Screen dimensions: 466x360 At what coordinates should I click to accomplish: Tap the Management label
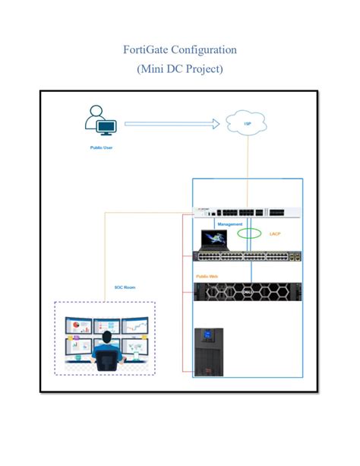230,225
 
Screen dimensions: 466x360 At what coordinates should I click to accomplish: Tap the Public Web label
207,276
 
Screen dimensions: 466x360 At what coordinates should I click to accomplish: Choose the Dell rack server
248,292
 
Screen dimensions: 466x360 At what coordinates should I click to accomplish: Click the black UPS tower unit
207,351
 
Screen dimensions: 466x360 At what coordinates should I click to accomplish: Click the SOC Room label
124,287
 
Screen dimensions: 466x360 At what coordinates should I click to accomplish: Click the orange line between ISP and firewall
248,163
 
